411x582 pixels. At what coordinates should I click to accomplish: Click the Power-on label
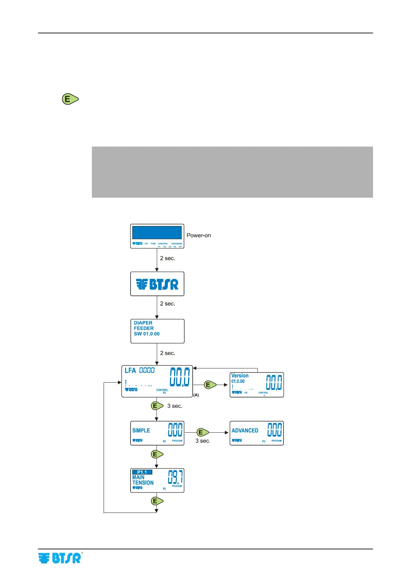199,235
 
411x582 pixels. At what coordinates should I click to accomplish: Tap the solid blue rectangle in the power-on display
157,233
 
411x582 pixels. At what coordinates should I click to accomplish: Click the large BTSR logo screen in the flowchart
157,284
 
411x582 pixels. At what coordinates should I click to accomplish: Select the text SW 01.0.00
147,334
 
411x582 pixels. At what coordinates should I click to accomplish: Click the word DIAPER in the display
143,323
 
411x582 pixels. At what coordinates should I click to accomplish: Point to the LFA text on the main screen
130,370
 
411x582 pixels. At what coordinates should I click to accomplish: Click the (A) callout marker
196,395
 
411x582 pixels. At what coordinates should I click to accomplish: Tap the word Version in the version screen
240,376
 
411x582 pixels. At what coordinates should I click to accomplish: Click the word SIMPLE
141,431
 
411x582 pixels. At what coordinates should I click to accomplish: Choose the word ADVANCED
245,431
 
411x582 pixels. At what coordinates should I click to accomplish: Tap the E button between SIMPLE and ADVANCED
202,432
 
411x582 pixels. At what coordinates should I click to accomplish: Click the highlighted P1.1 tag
142,472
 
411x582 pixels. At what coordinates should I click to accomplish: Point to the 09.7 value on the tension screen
175,478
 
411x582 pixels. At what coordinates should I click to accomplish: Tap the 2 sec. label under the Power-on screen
168,258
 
